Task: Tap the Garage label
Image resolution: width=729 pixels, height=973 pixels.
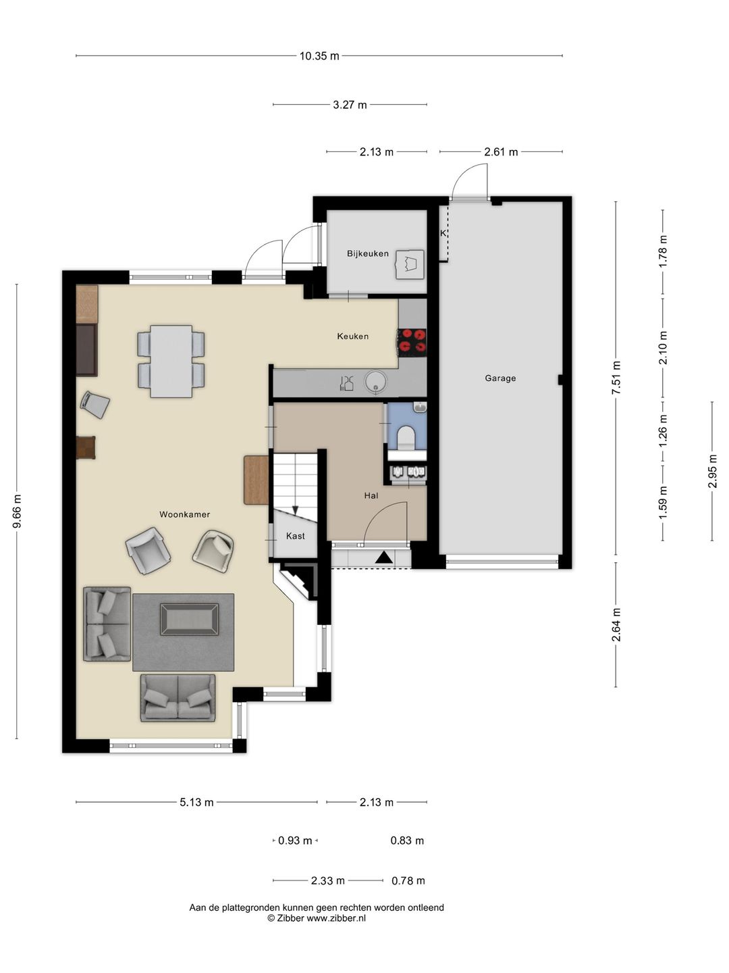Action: click(x=500, y=378)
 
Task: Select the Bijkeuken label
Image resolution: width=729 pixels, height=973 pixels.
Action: click(x=367, y=253)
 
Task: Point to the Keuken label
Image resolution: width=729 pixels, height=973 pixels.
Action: click(x=352, y=336)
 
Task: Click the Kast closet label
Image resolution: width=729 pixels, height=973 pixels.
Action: click(x=295, y=536)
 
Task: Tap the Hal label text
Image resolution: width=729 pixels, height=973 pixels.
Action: click(x=371, y=495)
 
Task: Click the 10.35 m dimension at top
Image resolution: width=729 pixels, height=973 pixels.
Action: click(x=319, y=56)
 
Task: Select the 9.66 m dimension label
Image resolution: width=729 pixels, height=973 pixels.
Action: click(x=17, y=512)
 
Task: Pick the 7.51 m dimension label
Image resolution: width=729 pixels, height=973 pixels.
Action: click(x=616, y=378)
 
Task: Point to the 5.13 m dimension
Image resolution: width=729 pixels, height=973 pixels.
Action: click(x=196, y=802)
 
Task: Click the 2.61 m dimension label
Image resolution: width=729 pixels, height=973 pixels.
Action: click(x=501, y=152)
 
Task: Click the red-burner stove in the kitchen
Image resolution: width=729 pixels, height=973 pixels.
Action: click(x=412, y=342)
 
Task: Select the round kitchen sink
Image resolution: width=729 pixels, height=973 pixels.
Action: click(x=375, y=382)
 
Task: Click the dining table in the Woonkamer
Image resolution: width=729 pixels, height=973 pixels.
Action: click(x=171, y=361)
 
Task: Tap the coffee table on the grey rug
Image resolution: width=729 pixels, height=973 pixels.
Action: click(x=189, y=619)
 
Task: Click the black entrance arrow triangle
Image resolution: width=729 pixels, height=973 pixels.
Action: click(x=383, y=557)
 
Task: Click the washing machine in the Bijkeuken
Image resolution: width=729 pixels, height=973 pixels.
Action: click(x=410, y=265)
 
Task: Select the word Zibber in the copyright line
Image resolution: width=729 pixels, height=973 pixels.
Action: click(x=290, y=918)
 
